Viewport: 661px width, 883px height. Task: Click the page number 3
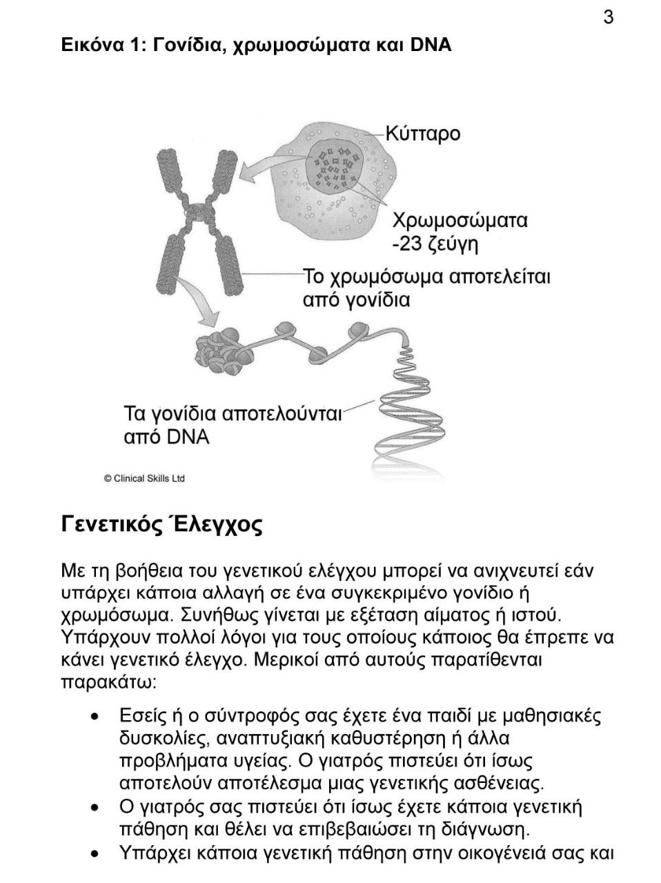click(608, 17)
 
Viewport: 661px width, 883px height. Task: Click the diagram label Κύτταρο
click(422, 133)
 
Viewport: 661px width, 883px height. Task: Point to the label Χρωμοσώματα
click(460, 221)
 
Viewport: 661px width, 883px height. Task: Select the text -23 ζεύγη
click(435, 244)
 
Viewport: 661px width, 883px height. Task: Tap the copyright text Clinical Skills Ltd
click(144, 478)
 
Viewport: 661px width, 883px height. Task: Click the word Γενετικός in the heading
click(110, 525)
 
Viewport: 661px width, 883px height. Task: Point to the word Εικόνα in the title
click(90, 46)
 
